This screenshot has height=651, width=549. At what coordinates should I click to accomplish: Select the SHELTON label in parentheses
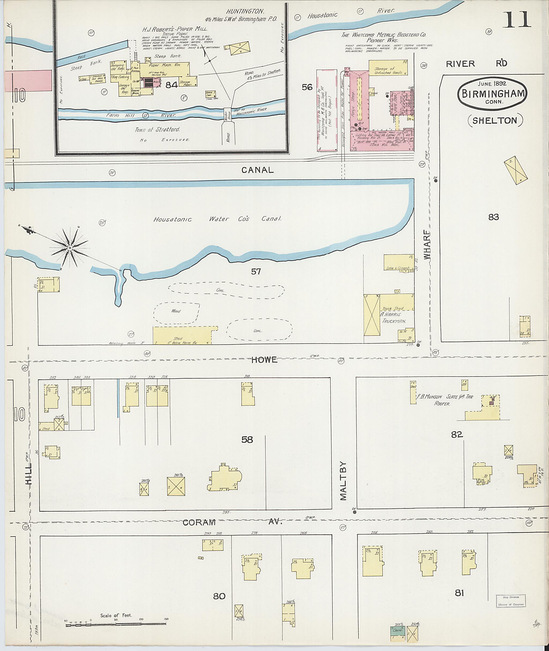[x=495, y=120]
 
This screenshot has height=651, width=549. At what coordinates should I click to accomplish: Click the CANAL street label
[x=258, y=170]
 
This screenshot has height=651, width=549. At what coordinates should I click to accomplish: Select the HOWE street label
[x=264, y=360]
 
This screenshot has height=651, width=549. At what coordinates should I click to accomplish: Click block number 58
[x=247, y=440]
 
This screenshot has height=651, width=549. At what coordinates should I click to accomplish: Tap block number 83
[x=494, y=217]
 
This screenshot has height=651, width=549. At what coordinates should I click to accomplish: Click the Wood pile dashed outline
[x=176, y=311]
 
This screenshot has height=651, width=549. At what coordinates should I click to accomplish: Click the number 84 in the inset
[x=172, y=85]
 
